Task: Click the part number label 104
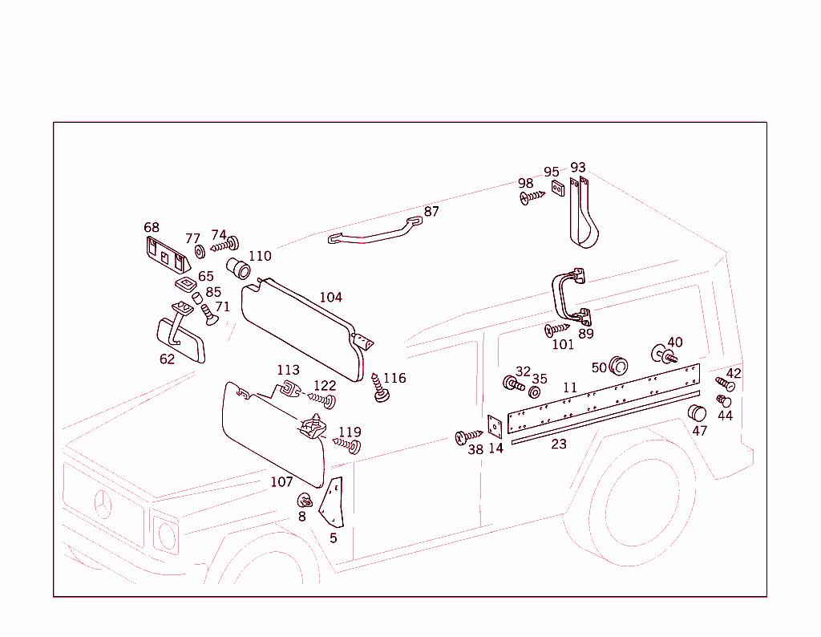330,298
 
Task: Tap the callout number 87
431,212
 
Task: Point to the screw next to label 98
532,197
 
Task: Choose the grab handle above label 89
568,294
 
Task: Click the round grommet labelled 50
618,367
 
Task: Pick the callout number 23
559,444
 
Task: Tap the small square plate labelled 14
495,424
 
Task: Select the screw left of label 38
465,436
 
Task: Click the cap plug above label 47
698,414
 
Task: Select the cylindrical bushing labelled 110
237,267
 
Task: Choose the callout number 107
281,482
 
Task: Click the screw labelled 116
380,388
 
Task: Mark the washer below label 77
200,254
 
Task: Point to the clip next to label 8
305,501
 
